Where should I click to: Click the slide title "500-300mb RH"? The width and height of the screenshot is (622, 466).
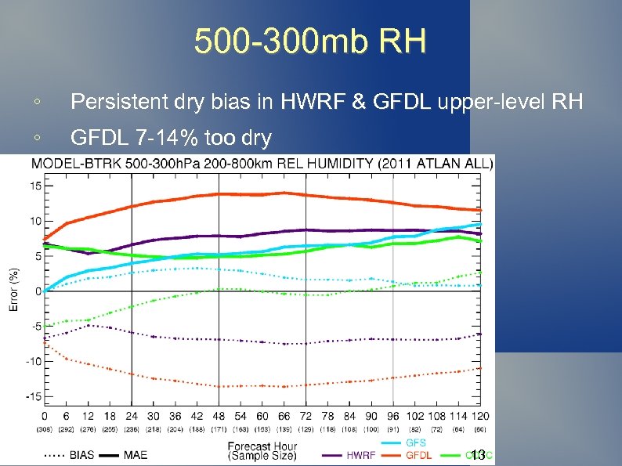coord(310,41)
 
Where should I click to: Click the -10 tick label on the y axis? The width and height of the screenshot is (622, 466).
coord(34,361)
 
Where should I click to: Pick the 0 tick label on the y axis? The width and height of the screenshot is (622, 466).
coord(39,291)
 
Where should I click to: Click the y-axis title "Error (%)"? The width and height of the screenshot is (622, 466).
coord(13,290)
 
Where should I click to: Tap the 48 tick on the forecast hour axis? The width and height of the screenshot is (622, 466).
coord(219,415)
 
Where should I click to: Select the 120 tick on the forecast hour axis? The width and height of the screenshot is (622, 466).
coord(482,415)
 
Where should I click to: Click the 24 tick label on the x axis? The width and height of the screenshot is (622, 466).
coord(131,415)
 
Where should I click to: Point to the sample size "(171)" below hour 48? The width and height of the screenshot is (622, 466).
coord(219,429)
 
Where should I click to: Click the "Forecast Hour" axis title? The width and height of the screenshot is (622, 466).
coord(262,446)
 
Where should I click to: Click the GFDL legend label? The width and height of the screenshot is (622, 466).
coord(418,455)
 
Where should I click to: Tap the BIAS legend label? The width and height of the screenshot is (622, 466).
coord(82,455)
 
